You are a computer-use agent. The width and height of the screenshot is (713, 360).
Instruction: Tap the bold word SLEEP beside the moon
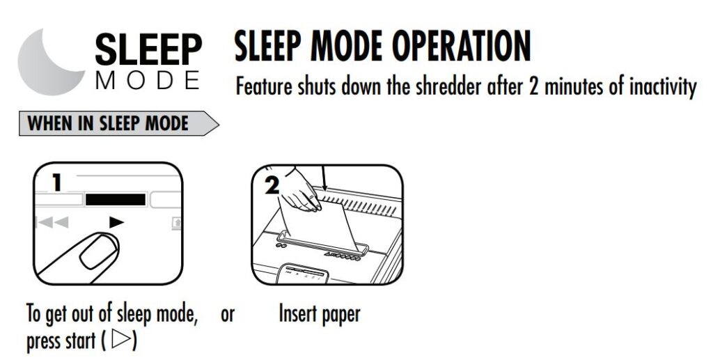tap(149, 50)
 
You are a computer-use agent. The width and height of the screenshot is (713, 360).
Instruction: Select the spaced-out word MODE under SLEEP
tap(148, 81)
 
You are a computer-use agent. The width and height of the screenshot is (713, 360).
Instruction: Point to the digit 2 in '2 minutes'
tap(534, 86)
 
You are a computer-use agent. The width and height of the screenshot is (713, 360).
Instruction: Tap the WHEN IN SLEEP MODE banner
tap(118, 123)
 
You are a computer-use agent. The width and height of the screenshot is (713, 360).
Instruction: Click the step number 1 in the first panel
tap(57, 182)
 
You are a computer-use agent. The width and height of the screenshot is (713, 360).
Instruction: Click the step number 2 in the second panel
tap(272, 185)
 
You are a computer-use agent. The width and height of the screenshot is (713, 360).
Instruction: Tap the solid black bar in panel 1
tap(116, 200)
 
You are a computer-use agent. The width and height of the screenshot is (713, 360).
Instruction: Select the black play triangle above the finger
tap(116, 222)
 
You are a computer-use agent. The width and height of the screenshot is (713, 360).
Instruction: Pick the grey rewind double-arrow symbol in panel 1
tap(54, 223)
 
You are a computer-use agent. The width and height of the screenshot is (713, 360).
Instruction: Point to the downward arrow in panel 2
tap(323, 178)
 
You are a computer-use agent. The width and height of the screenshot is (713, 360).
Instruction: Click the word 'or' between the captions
tap(228, 315)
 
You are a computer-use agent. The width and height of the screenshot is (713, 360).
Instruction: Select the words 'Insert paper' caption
tap(319, 314)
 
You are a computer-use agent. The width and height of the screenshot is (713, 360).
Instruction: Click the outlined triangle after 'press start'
tap(120, 340)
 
